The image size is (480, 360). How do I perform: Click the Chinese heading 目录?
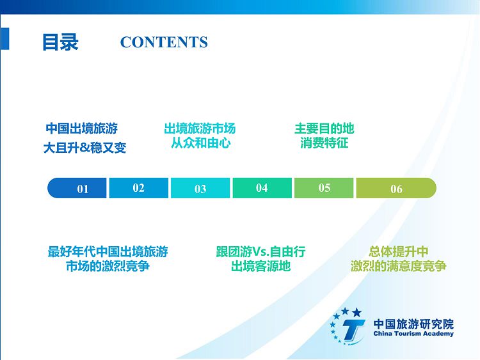tap(60, 42)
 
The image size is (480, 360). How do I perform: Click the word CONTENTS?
tap(164, 42)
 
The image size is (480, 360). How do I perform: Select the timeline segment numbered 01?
tap(77, 188)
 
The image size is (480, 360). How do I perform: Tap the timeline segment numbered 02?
tap(139, 188)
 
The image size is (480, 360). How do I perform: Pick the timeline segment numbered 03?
tap(200, 188)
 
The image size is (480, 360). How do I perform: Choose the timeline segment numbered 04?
tap(262, 188)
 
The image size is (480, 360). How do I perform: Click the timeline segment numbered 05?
tap(324, 188)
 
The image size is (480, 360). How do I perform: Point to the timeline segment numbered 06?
tap(396, 188)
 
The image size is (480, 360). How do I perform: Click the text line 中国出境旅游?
tap(82, 129)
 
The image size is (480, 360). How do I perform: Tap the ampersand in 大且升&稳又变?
tap(85, 148)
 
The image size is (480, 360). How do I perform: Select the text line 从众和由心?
tap(200, 143)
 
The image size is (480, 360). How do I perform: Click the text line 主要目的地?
tap(324, 129)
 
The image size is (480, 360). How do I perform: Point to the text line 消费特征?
tap(324, 143)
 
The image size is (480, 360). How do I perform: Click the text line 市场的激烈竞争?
tap(108, 266)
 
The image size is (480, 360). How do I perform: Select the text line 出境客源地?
tap(261, 266)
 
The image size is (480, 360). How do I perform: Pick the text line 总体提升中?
tap(399, 252)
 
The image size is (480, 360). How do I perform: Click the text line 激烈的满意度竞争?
tap(399, 266)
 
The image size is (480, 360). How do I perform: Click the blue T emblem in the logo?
tap(352, 331)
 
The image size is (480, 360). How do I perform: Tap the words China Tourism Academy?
tap(413, 334)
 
